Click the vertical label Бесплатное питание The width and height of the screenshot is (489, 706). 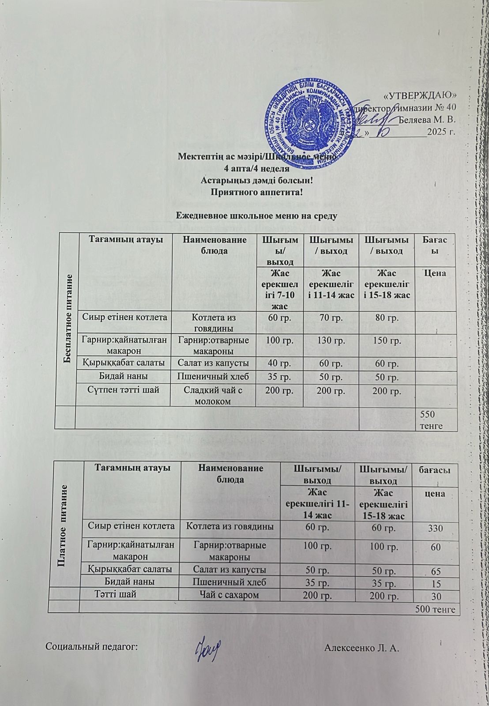[x=68, y=318]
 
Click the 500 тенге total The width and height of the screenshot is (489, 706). [x=435, y=609]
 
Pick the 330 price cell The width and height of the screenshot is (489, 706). [x=436, y=529]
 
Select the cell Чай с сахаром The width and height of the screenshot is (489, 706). [x=229, y=595]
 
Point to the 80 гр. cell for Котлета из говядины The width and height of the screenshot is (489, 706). [x=387, y=318]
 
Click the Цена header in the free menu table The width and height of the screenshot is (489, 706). [x=435, y=273]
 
